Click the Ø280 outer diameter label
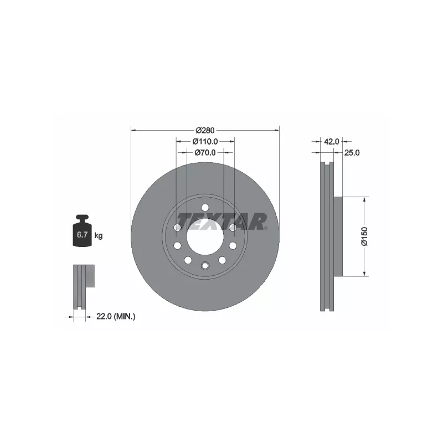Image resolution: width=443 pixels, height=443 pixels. click(205, 131)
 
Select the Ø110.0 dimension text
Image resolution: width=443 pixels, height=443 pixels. click(205, 142)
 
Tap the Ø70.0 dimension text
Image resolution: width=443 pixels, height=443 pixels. click(205, 152)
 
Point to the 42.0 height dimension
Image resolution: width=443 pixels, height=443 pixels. click(331, 142)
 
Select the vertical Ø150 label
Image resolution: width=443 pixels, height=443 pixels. click(364, 236)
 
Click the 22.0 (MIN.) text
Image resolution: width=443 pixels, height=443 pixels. click(116, 316)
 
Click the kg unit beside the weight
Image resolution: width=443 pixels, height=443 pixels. click(99, 235)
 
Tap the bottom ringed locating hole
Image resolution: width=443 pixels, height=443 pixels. click(205, 266)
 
